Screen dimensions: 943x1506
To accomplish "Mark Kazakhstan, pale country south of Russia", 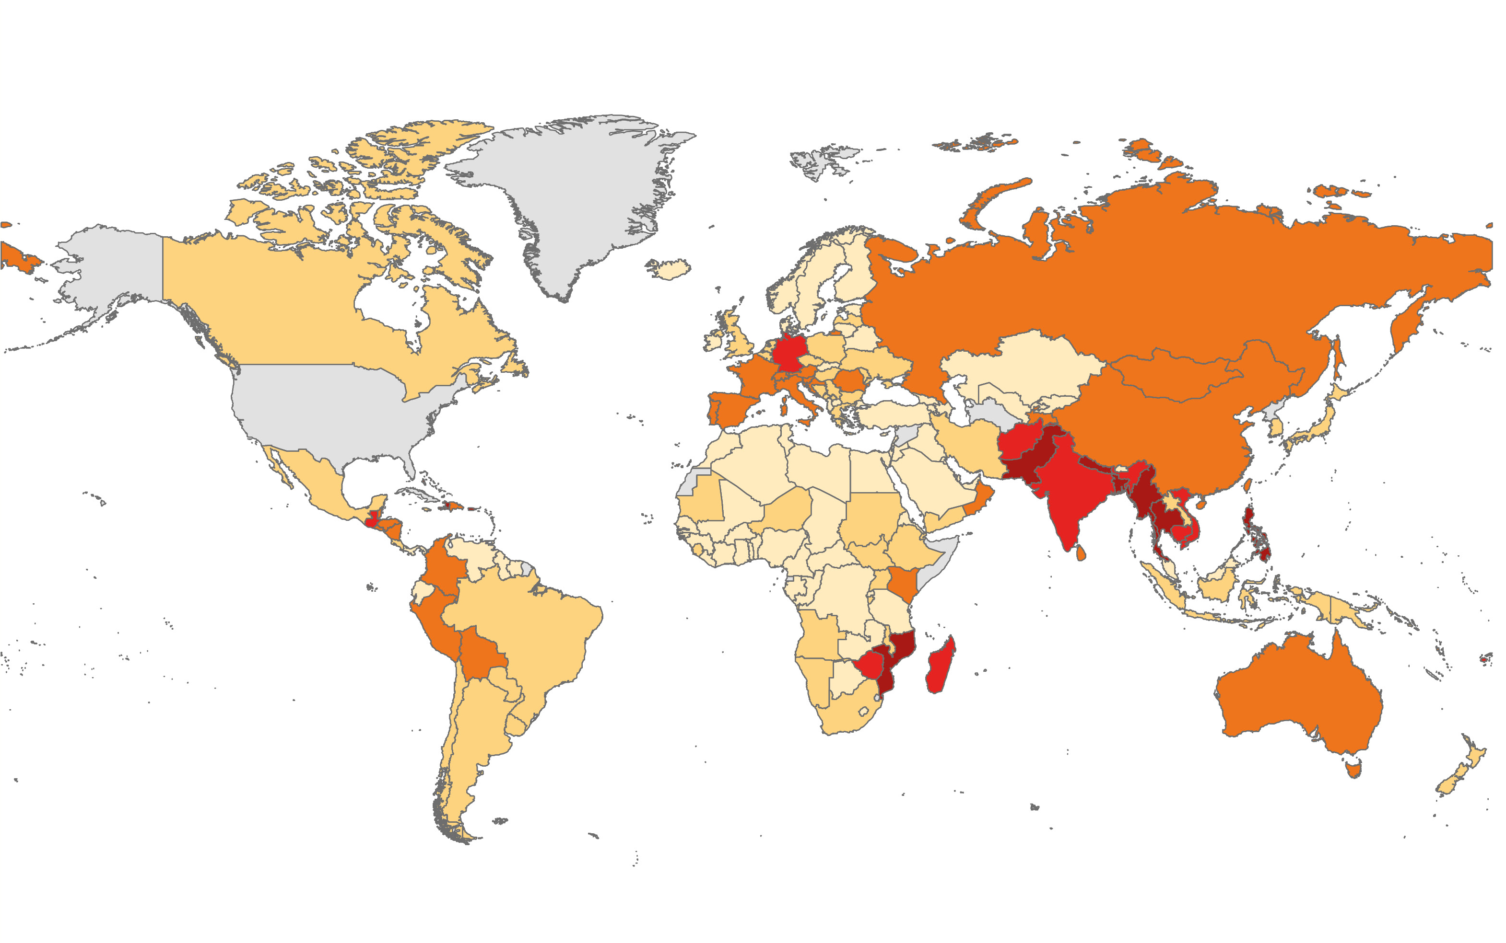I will (1024, 368).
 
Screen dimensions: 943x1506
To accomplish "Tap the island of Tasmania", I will (1353, 769).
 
